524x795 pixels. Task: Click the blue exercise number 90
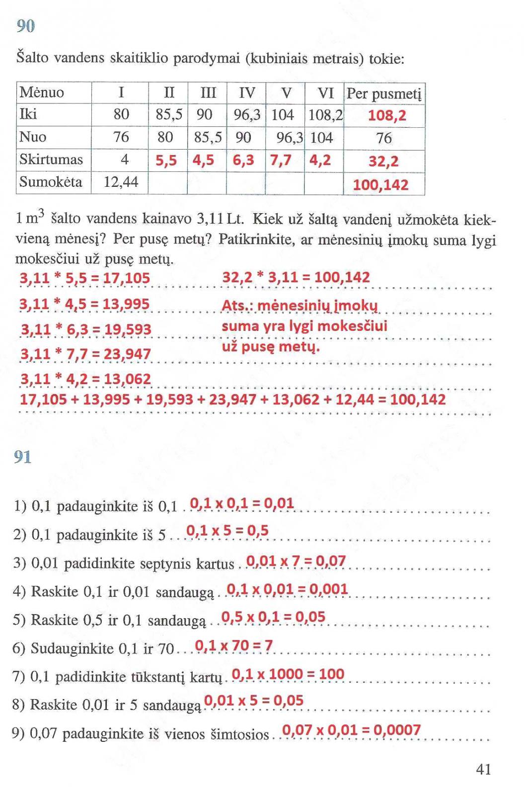26,26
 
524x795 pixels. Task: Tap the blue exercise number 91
23,457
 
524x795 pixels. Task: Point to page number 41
483,769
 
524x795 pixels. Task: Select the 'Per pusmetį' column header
384,93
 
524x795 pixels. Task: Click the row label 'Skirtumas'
51,159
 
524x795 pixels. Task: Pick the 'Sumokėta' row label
51,182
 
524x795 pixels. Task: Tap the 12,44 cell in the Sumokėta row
121,182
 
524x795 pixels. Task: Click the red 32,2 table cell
383,161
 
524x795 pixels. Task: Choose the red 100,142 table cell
380,185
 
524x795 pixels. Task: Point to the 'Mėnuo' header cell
42,92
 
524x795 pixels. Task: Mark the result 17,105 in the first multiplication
127,278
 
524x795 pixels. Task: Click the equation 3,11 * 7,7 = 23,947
85,354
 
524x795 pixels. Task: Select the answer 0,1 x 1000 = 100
288,674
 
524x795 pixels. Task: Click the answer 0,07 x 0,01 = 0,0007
351,730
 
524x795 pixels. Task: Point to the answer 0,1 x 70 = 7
234,645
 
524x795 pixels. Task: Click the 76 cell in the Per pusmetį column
384,138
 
